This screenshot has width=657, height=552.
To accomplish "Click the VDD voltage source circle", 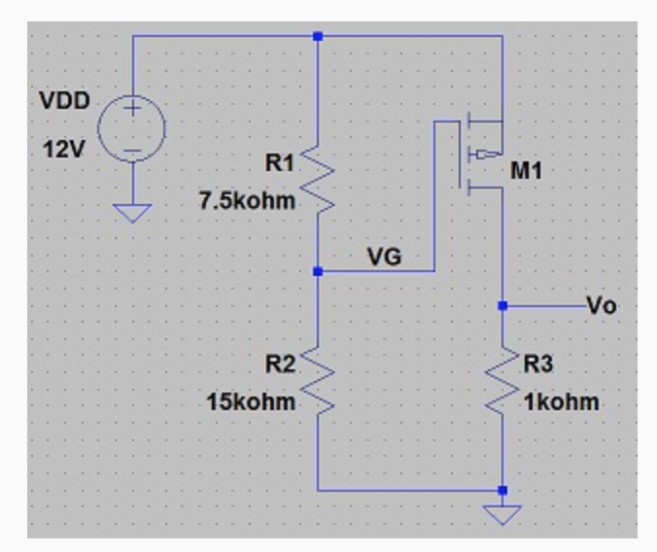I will tap(132, 128).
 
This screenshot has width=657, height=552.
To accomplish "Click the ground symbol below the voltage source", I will tap(132, 212).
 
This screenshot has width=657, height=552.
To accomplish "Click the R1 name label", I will tap(279, 163).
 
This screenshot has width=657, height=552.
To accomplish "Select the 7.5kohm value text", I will tap(247, 201).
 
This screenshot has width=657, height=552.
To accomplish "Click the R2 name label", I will tap(279, 364).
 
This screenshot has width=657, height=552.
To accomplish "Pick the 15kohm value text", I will tap(251, 401).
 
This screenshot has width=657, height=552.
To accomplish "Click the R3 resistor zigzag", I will tap(502, 381).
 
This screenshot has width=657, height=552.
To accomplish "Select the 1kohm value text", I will tap(561, 401).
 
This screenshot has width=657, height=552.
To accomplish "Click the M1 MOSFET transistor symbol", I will tap(479, 154).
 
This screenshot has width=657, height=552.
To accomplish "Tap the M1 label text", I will tap(527, 172).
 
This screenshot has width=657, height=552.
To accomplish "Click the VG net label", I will tap(385, 257).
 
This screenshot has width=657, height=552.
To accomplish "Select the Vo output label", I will tap(602, 305).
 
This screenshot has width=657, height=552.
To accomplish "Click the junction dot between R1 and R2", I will tap(318, 272).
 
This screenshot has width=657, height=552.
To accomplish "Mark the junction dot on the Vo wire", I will tap(502, 305).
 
